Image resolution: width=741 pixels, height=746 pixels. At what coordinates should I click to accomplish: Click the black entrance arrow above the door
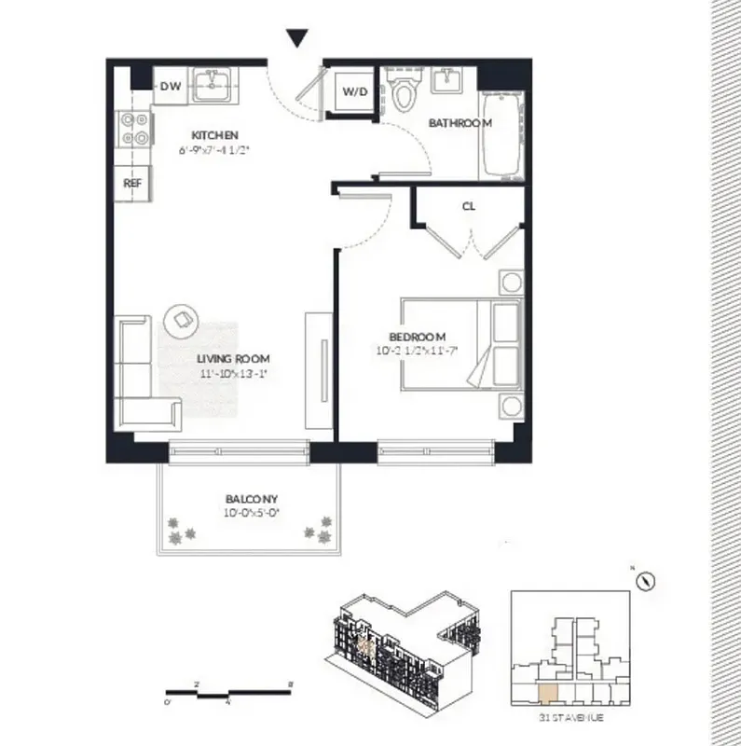(296, 38)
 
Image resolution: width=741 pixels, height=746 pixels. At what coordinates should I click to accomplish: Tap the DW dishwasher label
(170, 87)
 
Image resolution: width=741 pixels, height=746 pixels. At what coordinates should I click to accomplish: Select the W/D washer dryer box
(353, 91)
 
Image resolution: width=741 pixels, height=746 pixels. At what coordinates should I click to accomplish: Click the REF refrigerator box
(132, 184)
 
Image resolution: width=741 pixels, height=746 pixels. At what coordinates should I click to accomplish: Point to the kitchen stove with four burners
(134, 129)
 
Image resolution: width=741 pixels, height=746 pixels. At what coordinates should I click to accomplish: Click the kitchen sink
(213, 87)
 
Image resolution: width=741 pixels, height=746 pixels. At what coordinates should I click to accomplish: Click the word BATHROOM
(460, 123)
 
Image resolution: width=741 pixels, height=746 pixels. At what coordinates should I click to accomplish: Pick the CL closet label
(468, 207)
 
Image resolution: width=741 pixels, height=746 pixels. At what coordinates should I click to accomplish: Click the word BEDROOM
(417, 337)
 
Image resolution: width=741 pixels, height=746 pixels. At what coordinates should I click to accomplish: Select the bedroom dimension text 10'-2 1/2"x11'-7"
(417, 352)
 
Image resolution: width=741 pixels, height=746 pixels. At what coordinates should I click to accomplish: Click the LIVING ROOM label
(233, 358)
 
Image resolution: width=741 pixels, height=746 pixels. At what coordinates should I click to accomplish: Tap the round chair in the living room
(180, 320)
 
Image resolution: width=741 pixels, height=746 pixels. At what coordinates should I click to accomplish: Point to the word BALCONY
(252, 499)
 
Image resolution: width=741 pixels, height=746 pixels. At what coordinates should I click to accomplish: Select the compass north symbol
(643, 579)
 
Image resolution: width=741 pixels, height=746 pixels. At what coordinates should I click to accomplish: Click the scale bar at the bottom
(229, 692)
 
